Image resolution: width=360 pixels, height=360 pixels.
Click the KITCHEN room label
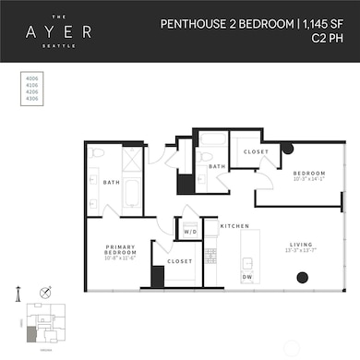(231, 226)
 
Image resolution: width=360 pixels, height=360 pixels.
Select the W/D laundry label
(192, 232)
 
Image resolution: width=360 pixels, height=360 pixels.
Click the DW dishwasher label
(247, 276)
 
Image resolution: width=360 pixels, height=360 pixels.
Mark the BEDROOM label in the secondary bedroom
(308, 174)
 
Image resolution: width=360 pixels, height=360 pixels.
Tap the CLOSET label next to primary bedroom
(181, 261)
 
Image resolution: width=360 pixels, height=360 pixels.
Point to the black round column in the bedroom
(288, 149)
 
